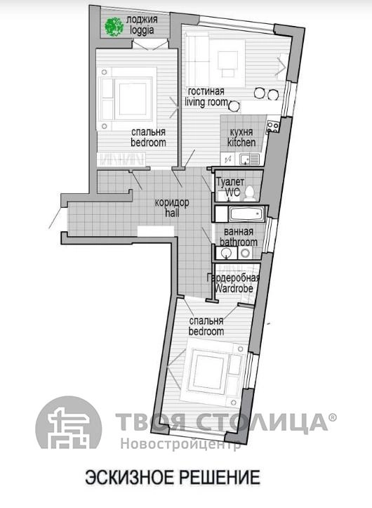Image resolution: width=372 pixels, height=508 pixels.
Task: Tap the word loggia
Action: coord(142,30)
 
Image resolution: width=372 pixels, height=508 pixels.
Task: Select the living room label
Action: coord(206,102)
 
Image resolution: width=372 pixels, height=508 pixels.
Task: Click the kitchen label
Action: coord(241,142)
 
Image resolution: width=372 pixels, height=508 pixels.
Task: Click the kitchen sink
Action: coord(249,159)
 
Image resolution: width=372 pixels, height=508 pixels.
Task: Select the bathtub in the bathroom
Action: coord(246,214)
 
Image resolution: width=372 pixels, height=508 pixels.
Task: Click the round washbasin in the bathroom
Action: coord(226,253)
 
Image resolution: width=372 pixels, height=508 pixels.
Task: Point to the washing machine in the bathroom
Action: coord(246,253)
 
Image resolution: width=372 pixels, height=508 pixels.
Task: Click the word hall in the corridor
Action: coord(172,213)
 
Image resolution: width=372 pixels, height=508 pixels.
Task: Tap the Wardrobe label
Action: coord(234,288)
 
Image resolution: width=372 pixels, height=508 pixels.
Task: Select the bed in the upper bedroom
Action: coord(127,98)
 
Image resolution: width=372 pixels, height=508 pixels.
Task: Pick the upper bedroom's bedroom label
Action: coord(148,143)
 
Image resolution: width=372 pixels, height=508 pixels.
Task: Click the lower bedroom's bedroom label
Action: coord(206,332)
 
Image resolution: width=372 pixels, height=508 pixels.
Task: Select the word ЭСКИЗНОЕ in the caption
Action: coord(130,478)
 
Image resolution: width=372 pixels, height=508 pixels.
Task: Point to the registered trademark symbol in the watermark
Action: coord(333,417)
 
